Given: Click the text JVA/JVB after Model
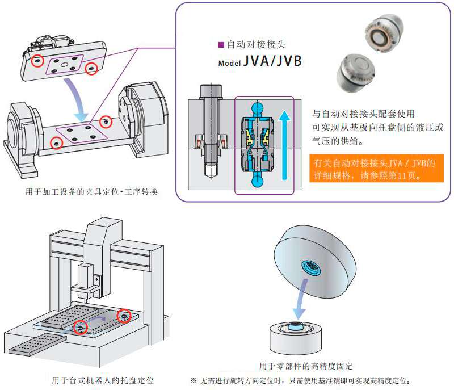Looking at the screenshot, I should pyautogui.click(x=272, y=61).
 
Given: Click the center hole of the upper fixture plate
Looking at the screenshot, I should pyautogui.click(x=65, y=66).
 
